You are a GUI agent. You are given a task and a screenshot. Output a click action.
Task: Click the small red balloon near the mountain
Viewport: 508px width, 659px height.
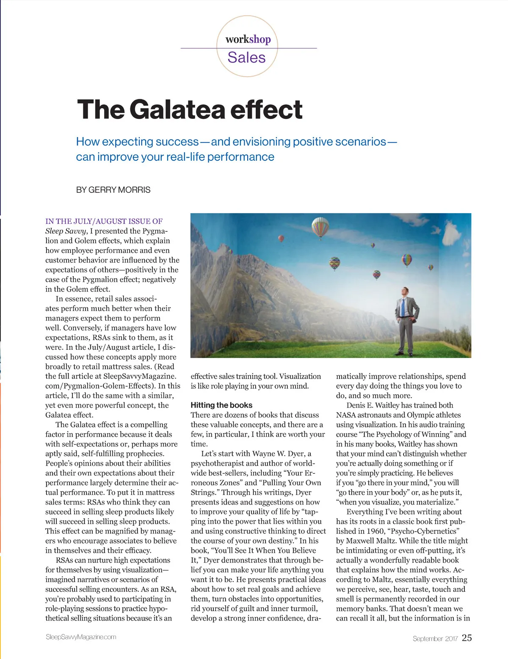pyautogui.click(x=281, y=239)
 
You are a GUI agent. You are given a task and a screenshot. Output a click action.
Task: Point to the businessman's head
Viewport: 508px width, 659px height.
pyautogui.click(x=405, y=291)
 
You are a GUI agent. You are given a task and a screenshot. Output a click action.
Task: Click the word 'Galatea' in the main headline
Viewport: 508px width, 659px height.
pyautogui.click(x=177, y=110)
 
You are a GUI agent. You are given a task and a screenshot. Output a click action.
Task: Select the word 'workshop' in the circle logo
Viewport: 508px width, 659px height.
pyautogui.click(x=248, y=39)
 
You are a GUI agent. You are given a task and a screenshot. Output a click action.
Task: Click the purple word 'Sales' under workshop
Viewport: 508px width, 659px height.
pyautogui.click(x=246, y=58)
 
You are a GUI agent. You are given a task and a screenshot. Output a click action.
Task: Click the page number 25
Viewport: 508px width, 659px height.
pyautogui.click(x=467, y=638)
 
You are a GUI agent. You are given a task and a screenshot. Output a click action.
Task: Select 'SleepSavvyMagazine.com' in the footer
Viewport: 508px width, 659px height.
pyautogui.click(x=81, y=637)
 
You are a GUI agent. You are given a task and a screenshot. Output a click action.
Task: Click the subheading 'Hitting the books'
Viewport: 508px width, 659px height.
pyautogui.click(x=221, y=405)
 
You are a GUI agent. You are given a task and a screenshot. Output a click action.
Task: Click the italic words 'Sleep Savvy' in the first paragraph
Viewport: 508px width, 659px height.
pyautogui.click(x=66, y=231)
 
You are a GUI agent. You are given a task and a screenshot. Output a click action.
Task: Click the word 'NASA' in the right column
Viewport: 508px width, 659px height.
pyautogui.click(x=347, y=415)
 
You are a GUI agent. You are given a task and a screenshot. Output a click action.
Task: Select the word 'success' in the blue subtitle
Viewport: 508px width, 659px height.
pyautogui.click(x=177, y=142)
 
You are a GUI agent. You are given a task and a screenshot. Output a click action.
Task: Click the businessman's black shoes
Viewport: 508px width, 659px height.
pyautogui.click(x=405, y=353)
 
